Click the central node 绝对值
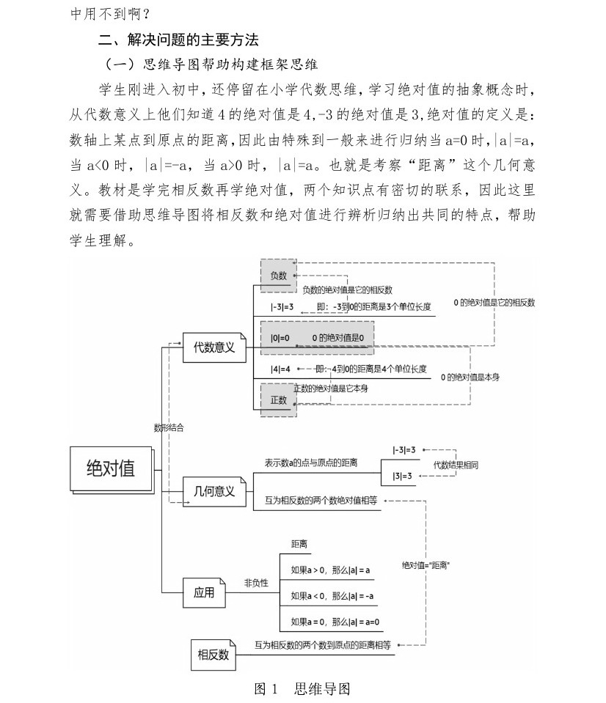coord(112,468)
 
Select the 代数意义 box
coord(213,347)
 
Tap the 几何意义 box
coord(213,491)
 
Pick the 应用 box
coord(204,592)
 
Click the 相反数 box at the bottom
coord(213,654)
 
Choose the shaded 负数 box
coord(278,275)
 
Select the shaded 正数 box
coord(279,400)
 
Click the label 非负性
coord(256,583)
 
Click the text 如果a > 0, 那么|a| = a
coord(330,570)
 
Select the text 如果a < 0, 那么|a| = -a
coord(332,596)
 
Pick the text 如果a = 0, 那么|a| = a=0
coord(335,622)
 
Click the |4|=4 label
coord(281,368)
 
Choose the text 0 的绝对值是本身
coord(470,377)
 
